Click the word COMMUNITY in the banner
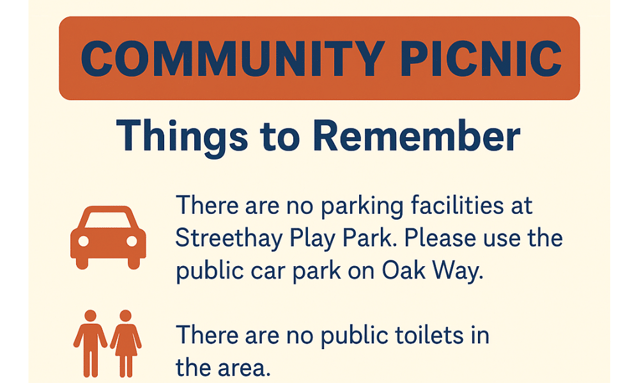pyautogui.click(x=233, y=59)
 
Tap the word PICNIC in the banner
pyautogui.click(x=481, y=59)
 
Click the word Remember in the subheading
pyautogui.click(x=417, y=135)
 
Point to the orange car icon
pyautogui.click(x=108, y=237)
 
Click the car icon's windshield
pyautogui.click(x=108, y=220)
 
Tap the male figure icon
pyautogui.click(x=90, y=343)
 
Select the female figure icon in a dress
pyautogui.click(x=125, y=343)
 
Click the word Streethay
pyautogui.click(x=229, y=239)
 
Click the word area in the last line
pyautogui.click(x=244, y=368)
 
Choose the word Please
pyautogui.click(x=440, y=237)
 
